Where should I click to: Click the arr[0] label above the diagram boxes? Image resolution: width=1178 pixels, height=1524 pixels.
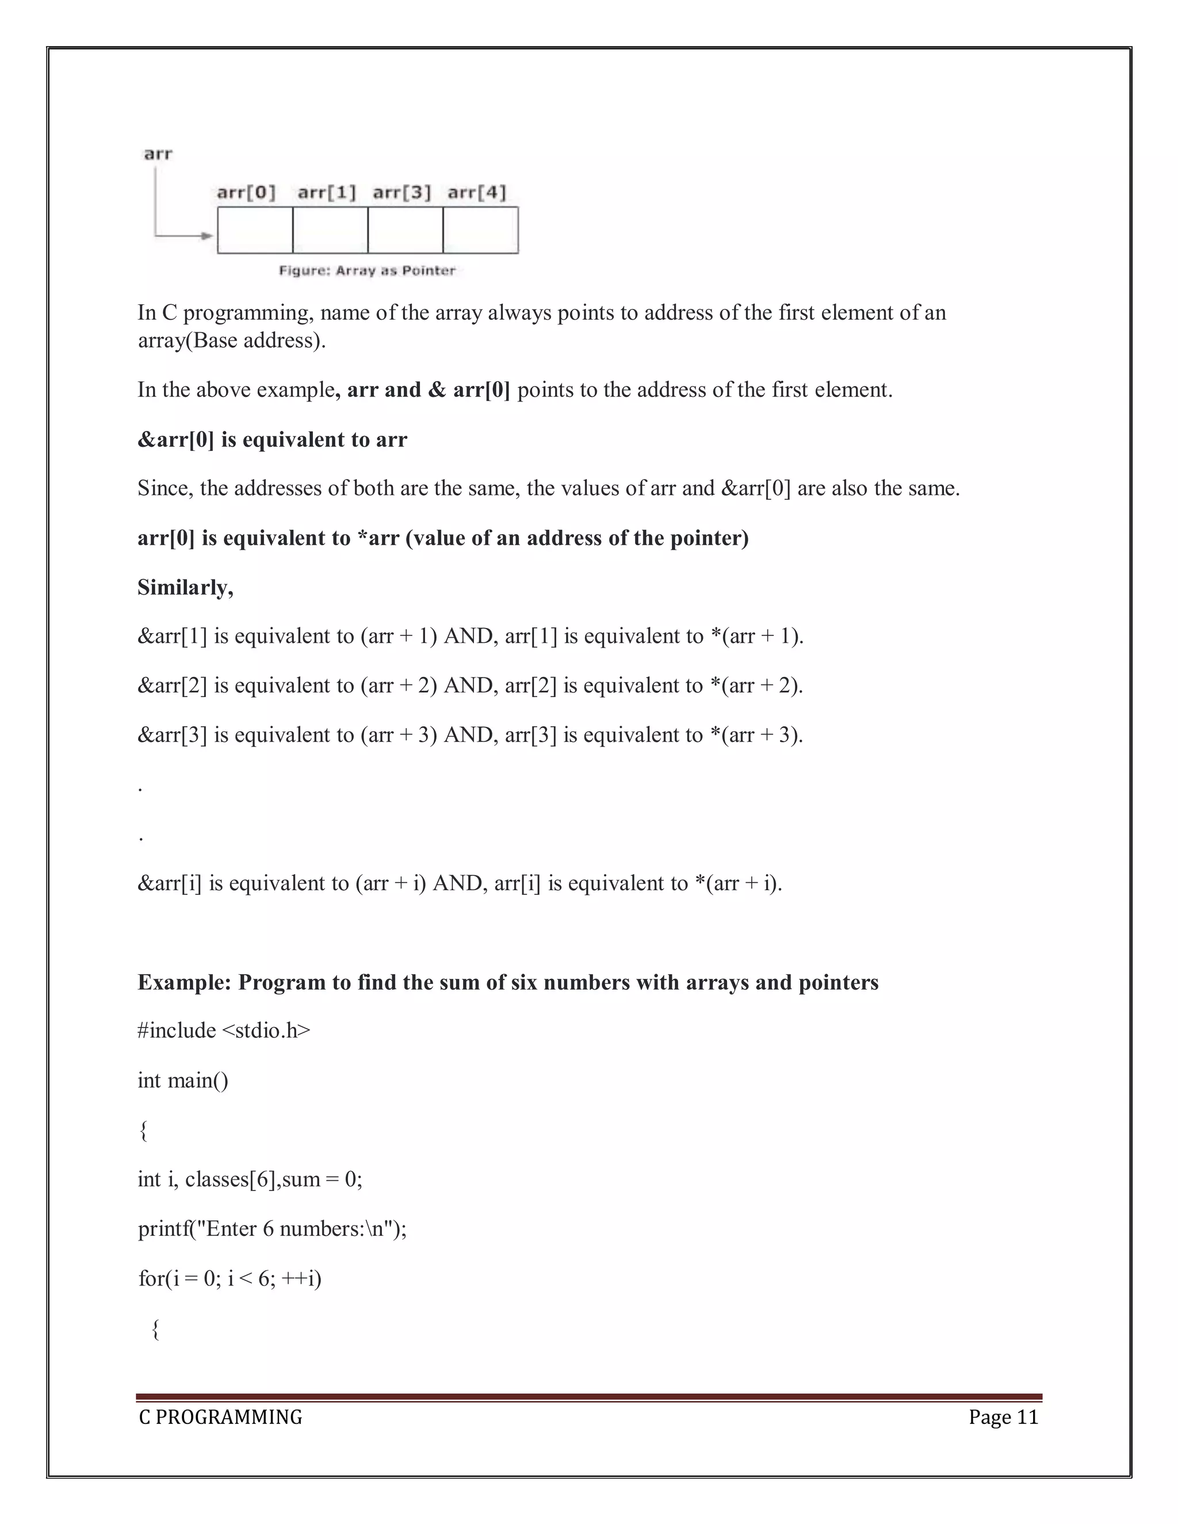pyautogui.click(x=246, y=192)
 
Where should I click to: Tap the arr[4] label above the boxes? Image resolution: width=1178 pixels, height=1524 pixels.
pyautogui.click(x=477, y=192)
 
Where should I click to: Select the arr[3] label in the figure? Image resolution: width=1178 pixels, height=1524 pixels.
pyautogui.click(x=402, y=192)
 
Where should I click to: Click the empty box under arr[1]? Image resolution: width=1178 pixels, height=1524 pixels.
pyautogui.click(x=330, y=230)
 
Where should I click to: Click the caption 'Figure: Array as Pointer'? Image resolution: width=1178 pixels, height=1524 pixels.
pyautogui.click(x=367, y=271)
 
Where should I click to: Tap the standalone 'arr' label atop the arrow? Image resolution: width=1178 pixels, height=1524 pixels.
pyautogui.click(x=158, y=154)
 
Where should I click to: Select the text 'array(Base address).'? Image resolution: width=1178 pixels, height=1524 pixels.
pyautogui.click(x=232, y=340)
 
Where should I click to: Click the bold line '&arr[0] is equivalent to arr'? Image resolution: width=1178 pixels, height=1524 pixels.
pyautogui.click(x=272, y=439)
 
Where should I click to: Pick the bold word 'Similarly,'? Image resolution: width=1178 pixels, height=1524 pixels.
pyautogui.click(x=186, y=588)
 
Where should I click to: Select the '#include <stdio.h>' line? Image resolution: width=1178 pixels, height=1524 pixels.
pyautogui.click(x=224, y=1031)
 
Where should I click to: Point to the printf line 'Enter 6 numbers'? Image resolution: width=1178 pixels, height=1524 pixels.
pyautogui.click(x=272, y=1229)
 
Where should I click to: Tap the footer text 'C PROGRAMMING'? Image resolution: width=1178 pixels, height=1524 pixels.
pyautogui.click(x=220, y=1417)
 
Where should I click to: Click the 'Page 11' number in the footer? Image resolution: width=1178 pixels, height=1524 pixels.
pyautogui.click(x=1004, y=1417)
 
